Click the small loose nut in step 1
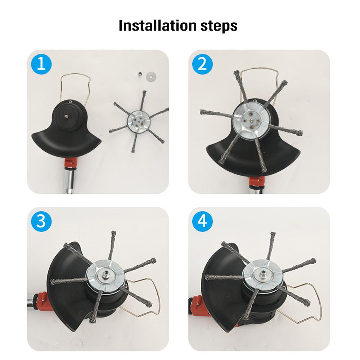tap(138, 74)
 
